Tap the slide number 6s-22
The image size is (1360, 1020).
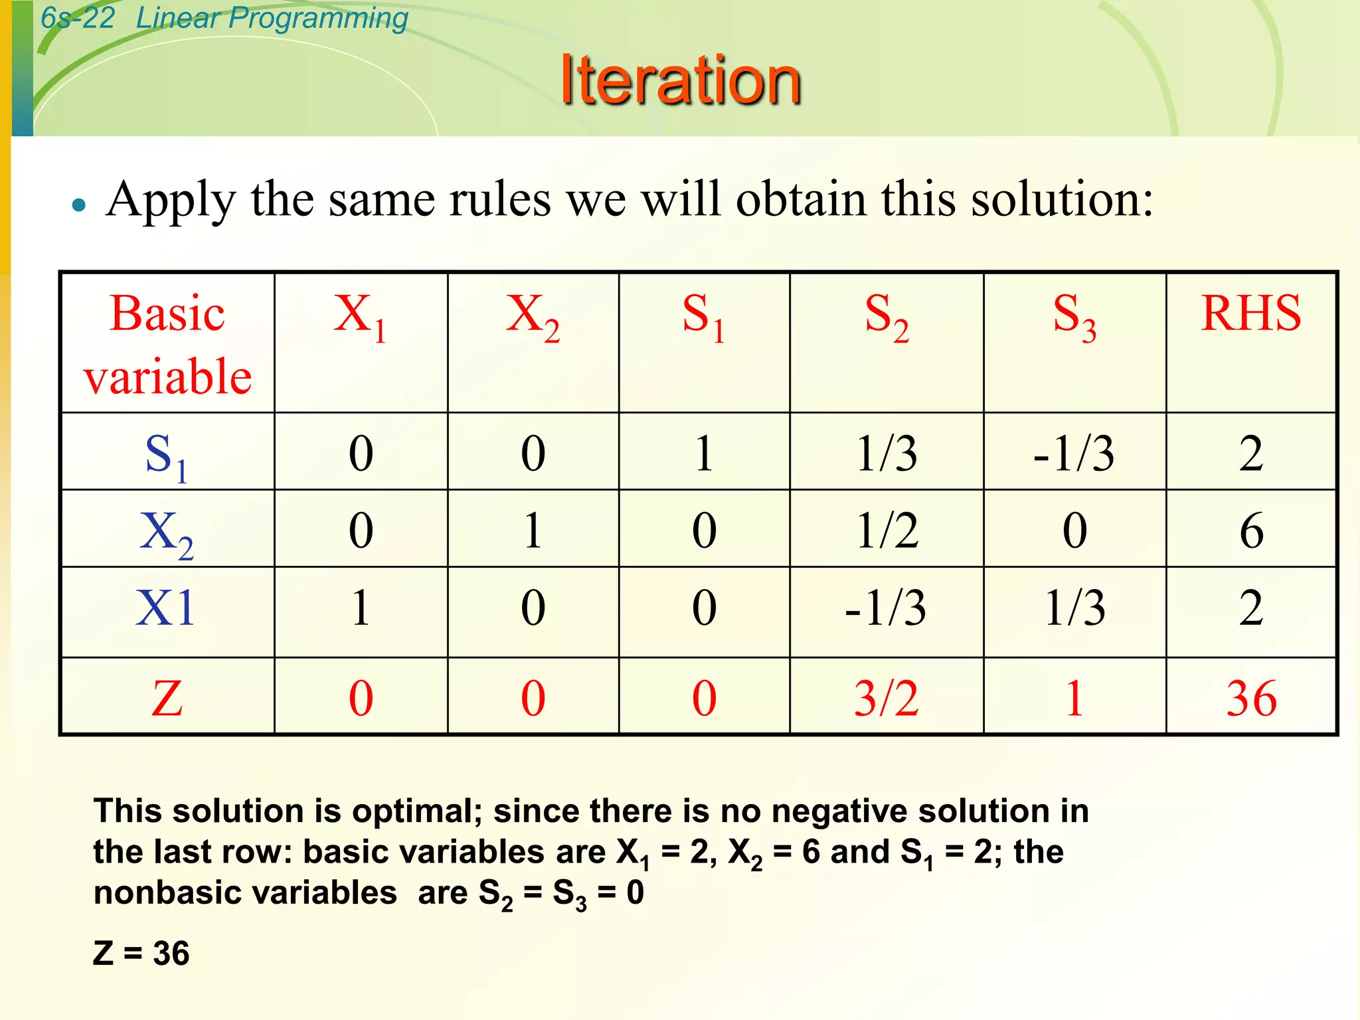tap(78, 18)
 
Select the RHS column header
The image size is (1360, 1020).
tap(1250, 313)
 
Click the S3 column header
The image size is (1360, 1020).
tap(1074, 317)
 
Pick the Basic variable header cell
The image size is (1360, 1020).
tap(167, 344)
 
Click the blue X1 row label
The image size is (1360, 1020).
tap(166, 608)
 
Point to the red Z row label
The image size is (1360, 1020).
tap(167, 699)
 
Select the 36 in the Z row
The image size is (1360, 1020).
tap(1251, 699)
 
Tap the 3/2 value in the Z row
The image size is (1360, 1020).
tap(886, 699)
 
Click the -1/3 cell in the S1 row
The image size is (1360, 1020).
tap(1074, 454)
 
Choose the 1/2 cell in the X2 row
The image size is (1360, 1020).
tap(887, 531)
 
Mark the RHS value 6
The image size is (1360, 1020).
tap(1251, 531)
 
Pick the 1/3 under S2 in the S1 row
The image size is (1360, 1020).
tap(887, 454)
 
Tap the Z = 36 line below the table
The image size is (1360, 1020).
tap(141, 954)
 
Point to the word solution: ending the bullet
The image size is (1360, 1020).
tap(1062, 199)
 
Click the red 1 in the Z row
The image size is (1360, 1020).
tap(1074, 699)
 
